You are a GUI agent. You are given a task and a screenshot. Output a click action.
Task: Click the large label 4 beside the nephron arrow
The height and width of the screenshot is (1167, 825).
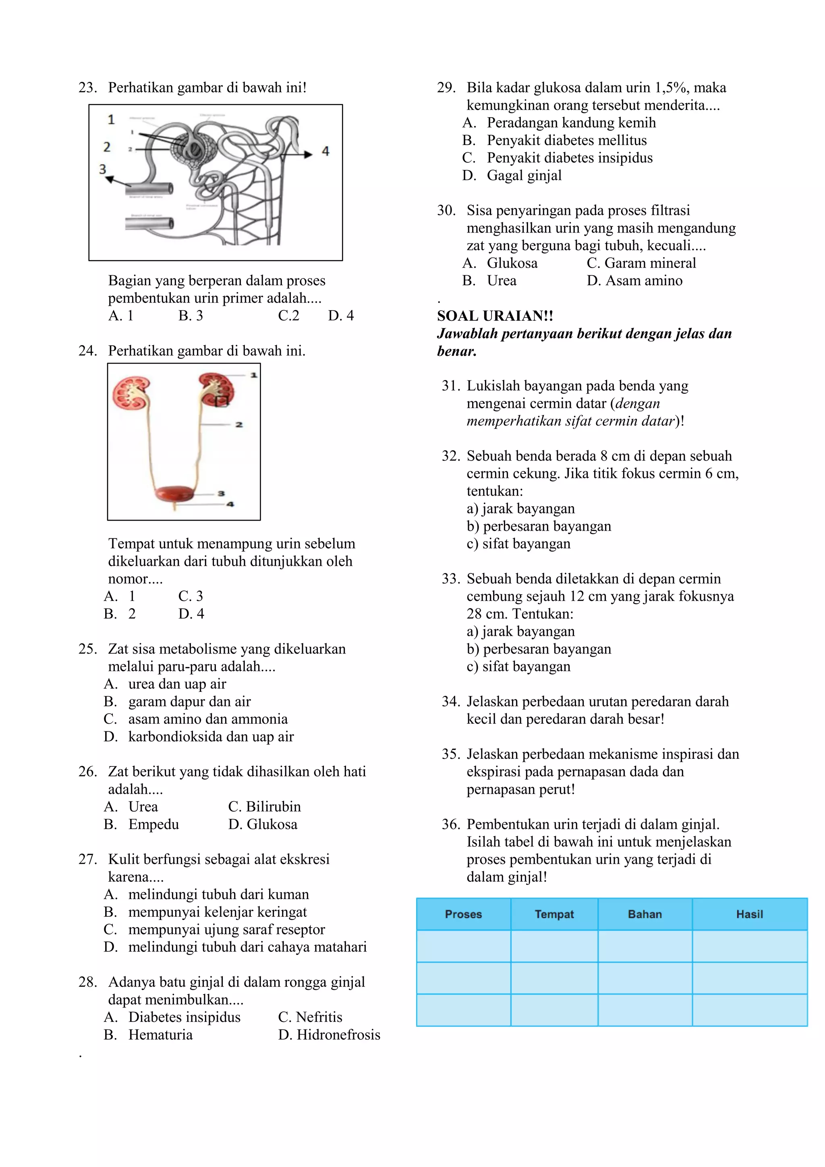325,151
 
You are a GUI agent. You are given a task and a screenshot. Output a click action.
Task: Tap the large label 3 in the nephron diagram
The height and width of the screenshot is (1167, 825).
103,169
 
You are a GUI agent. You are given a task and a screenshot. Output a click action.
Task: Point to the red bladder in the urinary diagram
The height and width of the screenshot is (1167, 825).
175,494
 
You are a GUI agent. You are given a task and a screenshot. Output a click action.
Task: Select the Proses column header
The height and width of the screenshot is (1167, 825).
463,914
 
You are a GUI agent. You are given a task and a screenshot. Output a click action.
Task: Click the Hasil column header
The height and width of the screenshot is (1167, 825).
749,914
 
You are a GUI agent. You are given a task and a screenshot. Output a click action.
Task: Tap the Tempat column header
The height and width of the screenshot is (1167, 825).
554,914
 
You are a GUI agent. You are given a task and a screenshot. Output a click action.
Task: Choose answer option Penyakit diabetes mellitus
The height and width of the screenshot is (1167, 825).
566,140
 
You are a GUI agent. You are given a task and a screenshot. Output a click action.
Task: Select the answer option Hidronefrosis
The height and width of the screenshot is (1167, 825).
338,1035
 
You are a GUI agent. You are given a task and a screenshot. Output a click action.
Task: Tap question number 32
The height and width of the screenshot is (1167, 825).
450,456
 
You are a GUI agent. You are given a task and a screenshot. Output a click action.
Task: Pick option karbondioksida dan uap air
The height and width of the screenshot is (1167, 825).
211,737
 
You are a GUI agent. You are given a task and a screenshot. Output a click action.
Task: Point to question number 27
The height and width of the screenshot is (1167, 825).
87,860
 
